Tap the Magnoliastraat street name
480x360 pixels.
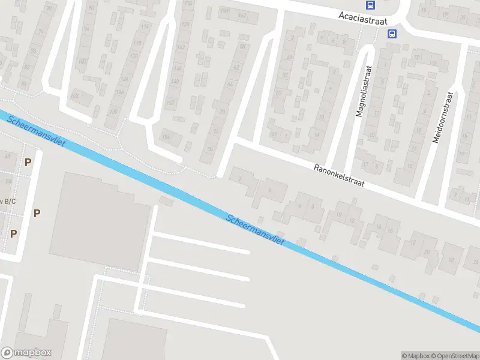click(x=364, y=91)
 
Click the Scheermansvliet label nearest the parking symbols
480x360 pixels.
click(x=37, y=129)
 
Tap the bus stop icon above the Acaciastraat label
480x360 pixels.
click(x=370, y=5)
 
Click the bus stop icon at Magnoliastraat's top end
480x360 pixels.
click(x=392, y=34)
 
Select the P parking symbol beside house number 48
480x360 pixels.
click(x=28, y=162)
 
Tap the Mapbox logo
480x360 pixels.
click(x=26, y=353)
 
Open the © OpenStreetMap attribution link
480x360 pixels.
click(x=454, y=356)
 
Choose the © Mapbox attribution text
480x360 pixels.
click(x=414, y=356)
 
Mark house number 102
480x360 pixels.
click(x=76, y=96)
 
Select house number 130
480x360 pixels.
click(x=114, y=110)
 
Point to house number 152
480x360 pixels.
click(x=170, y=103)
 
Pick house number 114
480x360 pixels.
click(x=144, y=26)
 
